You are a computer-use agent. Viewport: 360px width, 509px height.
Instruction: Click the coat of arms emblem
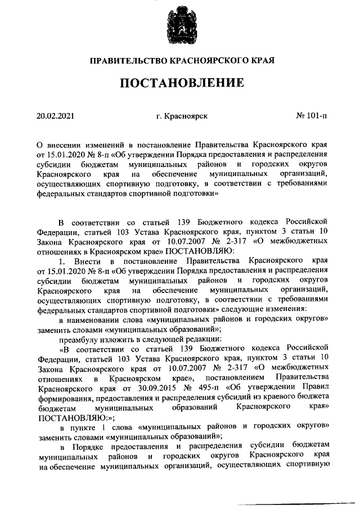[x=179, y=26]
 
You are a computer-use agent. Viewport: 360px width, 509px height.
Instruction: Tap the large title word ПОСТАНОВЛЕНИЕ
[x=181, y=84]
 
